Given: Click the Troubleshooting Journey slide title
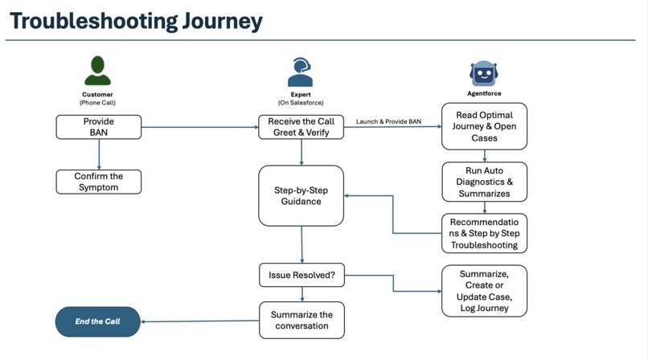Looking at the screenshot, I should [137, 21].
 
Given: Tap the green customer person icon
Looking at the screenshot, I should [98, 71].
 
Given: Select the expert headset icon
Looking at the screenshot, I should [300, 72].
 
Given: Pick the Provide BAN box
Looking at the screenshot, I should [98, 126].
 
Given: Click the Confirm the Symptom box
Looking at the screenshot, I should [98, 182].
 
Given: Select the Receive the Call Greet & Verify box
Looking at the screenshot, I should [301, 126].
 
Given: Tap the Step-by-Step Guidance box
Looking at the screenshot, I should [301, 195].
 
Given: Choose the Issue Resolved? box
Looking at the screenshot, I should [301, 275].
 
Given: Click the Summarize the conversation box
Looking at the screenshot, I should [301, 320].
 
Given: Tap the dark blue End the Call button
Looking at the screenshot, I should [98, 321].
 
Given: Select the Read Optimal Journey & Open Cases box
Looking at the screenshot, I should [484, 126].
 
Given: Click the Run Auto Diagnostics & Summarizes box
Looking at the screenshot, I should [484, 182].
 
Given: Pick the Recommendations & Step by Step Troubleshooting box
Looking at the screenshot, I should [484, 233].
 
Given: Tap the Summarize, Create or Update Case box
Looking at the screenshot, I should [484, 291].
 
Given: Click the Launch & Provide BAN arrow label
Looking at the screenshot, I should [388, 121].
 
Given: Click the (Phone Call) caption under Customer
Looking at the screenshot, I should [98, 103].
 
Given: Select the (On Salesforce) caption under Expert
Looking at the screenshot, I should [300, 103].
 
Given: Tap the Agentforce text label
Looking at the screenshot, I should [484, 94].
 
